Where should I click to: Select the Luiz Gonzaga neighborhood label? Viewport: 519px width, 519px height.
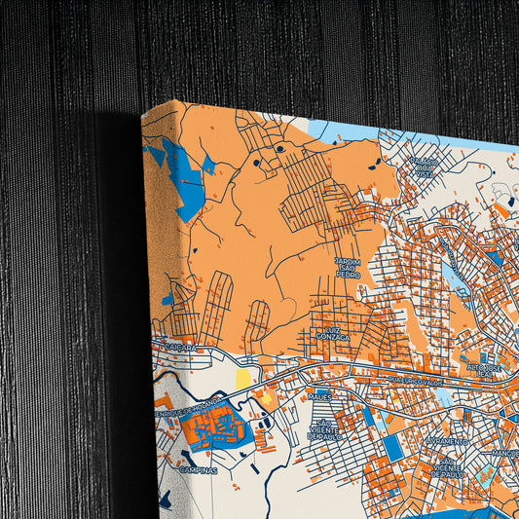324,337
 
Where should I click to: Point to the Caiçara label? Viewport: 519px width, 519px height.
180,347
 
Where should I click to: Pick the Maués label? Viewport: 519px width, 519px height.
319,396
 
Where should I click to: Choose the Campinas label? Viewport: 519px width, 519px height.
198,468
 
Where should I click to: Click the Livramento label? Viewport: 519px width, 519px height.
447,441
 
